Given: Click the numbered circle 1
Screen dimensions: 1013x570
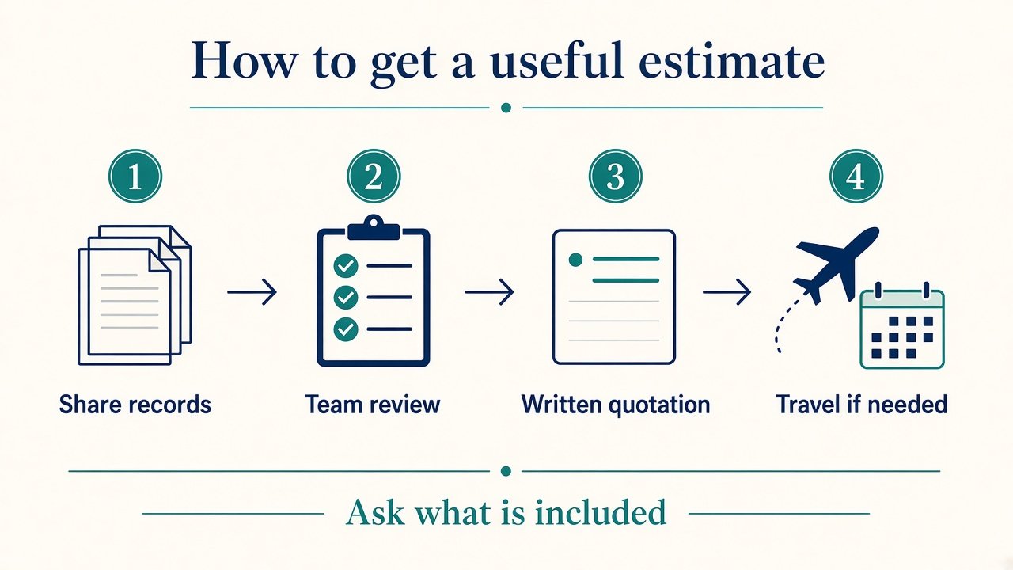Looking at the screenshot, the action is pyautogui.click(x=135, y=176).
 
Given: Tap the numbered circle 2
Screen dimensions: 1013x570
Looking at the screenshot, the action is pyautogui.click(x=374, y=176).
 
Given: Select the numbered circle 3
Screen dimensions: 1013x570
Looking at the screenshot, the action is pyautogui.click(x=616, y=176).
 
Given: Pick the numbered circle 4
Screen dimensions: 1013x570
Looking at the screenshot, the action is pyautogui.click(x=856, y=176).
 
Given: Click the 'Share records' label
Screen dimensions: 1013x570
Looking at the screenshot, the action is pyautogui.click(x=135, y=404).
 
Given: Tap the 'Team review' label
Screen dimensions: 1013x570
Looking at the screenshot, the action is pyautogui.click(x=373, y=404).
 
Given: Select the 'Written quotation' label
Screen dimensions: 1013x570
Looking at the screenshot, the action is pyautogui.click(x=616, y=404).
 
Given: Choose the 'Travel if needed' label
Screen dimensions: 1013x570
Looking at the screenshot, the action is pyautogui.click(x=862, y=404).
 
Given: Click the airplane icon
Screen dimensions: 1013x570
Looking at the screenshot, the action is pyautogui.click(x=837, y=265).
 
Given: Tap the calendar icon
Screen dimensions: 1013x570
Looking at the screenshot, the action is pyautogui.click(x=902, y=325).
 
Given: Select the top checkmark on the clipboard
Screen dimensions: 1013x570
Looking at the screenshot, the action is pyautogui.click(x=346, y=265).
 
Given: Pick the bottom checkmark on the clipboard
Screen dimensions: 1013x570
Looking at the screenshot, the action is pyautogui.click(x=346, y=329).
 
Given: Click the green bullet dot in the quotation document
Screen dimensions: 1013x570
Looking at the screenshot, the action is pyautogui.click(x=575, y=260).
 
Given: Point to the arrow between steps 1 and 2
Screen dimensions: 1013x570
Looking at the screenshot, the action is pyautogui.click(x=252, y=292).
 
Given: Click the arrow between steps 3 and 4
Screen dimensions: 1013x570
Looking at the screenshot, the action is pyautogui.click(x=727, y=292).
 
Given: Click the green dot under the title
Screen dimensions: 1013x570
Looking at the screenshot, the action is pyautogui.click(x=506, y=108).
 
